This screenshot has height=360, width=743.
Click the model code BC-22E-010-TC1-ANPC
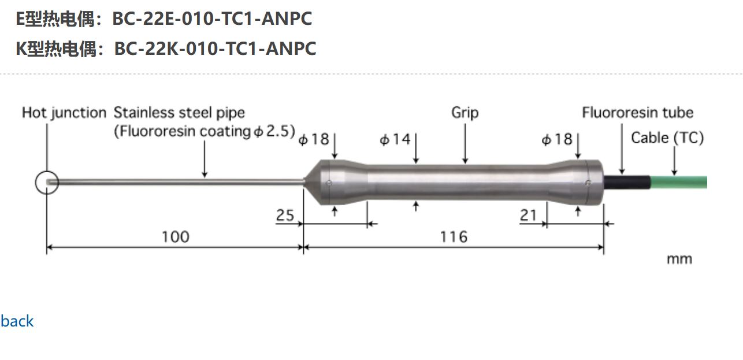click(x=211, y=18)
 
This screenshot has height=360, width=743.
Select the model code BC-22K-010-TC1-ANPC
click(x=215, y=49)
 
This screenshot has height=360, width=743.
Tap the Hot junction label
click(x=64, y=113)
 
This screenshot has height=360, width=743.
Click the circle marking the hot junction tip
click(x=47, y=183)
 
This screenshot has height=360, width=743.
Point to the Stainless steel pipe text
click(x=179, y=113)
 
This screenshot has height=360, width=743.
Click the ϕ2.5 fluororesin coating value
click(x=274, y=132)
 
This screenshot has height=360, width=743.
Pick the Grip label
click(x=465, y=113)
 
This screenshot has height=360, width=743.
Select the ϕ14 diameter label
click(x=395, y=140)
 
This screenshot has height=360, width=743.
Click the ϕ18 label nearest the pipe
click(x=314, y=140)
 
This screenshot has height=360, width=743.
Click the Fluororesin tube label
click(x=637, y=113)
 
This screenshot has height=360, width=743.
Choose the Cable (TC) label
click(x=667, y=138)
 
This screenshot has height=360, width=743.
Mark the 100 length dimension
click(x=175, y=237)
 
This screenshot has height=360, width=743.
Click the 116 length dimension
click(x=454, y=237)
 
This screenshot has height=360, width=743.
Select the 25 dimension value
click(x=285, y=216)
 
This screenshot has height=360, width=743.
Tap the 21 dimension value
click(x=528, y=216)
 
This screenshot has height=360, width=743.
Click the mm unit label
click(x=679, y=259)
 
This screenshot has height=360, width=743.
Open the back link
click(x=17, y=321)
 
